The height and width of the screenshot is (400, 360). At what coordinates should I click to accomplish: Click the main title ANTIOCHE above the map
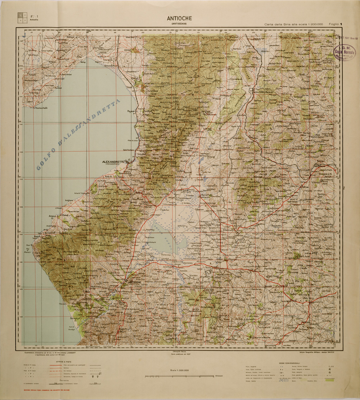[x=179, y=19]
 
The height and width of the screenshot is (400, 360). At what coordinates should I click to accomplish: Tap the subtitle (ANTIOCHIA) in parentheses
[x=179, y=24]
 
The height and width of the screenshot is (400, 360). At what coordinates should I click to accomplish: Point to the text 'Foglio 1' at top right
[x=335, y=24]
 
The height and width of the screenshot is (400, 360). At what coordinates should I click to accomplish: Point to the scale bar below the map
[x=179, y=376]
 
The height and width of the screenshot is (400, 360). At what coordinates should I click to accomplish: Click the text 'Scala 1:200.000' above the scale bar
[x=179, y=370]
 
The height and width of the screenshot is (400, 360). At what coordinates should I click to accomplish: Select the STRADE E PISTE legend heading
[x=64, y=361]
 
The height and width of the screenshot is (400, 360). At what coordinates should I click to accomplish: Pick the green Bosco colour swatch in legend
[x=330, y=381]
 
